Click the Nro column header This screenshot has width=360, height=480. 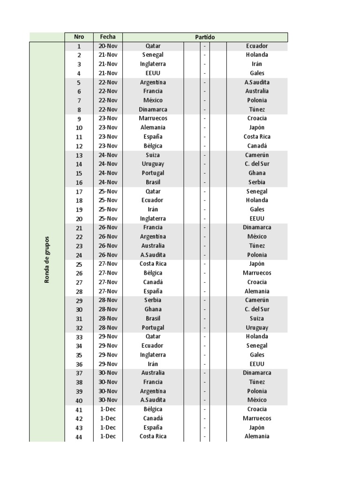tap(79, 37)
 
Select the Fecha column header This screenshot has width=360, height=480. tap(108, 37)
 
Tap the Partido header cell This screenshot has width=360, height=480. tap(205, 37)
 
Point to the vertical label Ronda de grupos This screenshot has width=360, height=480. tap(47, 259)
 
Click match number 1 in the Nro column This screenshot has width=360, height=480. tap(79, 46)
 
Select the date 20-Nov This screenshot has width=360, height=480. tap(108, 46)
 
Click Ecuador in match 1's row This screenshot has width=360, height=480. tap(257, 46)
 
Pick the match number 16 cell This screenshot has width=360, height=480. tap(79, 182)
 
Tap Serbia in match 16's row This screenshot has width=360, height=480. tap(257, 182)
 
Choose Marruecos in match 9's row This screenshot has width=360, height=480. tap(153, 119)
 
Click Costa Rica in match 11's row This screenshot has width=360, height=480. tap(257, 137)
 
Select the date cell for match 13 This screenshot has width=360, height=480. tap(108, 155)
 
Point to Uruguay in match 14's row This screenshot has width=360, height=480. tap(153, 164)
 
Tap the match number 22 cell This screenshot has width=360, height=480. tap(79, 237)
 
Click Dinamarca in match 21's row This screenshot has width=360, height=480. tap(257, 227)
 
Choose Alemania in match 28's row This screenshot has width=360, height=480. tap(257, 291)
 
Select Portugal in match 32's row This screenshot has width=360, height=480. tap(153, 328)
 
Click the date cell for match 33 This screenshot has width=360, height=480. tap(108, 337)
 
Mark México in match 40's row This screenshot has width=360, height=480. tap(257, 400)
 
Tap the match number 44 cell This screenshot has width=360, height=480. tap(79, 436)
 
